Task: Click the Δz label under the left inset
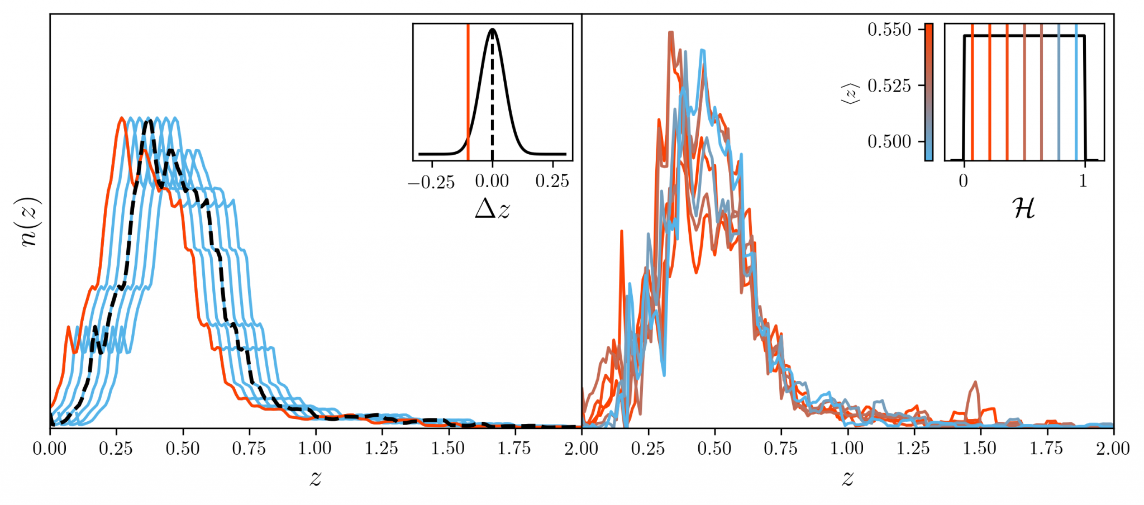pyautogui.click(x=492, y=209)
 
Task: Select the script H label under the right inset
pyautogui.click(x=1023, y=208)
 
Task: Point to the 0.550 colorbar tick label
pyautogui.click(x=889, y=30)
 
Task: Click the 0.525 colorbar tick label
pyautogui.click(x=889, y=85)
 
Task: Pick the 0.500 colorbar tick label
pyautogui.click(x=889, y=141)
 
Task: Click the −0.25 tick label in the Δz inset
pyautogui.click(x=431, y=182)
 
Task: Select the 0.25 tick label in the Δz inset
pyautogui.click(x=552, y=181)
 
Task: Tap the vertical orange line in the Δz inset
pyautogui.click(x=468, y=89)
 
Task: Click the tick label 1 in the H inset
pyautogui.click(x=1084, y=181)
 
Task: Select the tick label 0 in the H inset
pyautogui.click(x=964, y=181)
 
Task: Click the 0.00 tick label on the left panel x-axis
pyautogui.click(x=50, y=448)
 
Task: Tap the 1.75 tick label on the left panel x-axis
pyautogui.click(x=514, y=448)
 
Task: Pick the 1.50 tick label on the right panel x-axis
pyautogui.click(x=980, y=448)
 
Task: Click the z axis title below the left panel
pyautogui.click(x=316, y=478)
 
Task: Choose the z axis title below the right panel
pyautogui.click(x=847, y=478)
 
